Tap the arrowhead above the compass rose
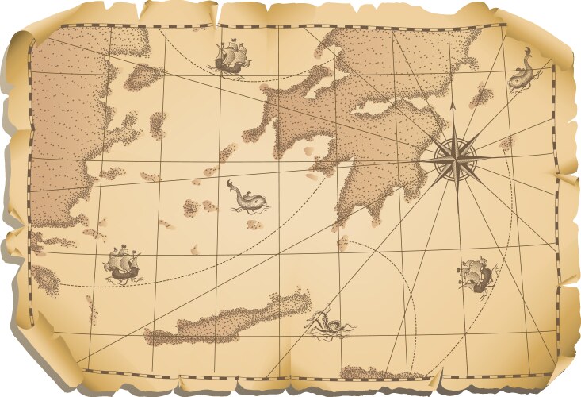point(453,104)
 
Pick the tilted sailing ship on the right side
point(475,273)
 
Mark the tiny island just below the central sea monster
point(254,225)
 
